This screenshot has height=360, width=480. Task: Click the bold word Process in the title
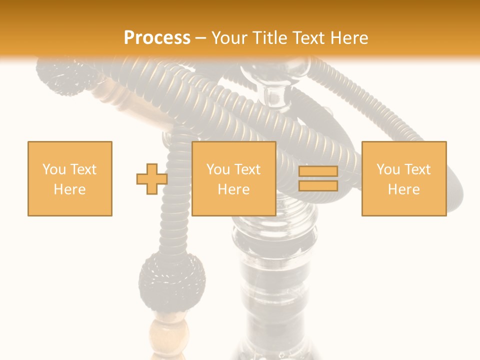point(157,37)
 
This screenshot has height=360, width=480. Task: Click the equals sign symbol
point(318,178)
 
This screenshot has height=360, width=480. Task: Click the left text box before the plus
point(70,178)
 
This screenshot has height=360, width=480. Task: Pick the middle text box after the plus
point(234,178)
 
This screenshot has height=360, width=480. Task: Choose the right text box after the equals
point(404,178)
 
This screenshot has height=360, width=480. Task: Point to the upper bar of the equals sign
point(318,171)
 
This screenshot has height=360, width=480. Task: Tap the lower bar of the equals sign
point(318,185)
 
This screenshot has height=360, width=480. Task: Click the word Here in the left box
point(70,189)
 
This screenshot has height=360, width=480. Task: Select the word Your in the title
point(230,38)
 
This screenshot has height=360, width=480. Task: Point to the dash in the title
point(201,38)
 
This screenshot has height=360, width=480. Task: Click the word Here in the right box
point(404,189)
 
